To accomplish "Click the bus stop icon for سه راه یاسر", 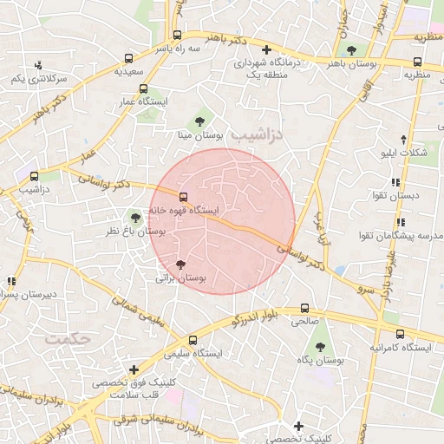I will (x=177, y=36).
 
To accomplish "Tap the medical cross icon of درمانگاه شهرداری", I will (x=266, y=49).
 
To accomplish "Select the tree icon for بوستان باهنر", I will (x=351, y=49).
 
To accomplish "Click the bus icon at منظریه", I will (x=418, y=62).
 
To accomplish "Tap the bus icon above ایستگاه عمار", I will (x=142, y=88).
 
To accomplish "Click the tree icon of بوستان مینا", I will (x=199, y=121).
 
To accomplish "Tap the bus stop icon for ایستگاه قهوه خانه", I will (x=183, y=196).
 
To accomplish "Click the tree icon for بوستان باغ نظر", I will (x=134, y=216).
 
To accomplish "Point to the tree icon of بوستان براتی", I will (x=180, y=264).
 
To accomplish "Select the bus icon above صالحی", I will (x=304, y=308).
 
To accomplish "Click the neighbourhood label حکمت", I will (x=71, y=338).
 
